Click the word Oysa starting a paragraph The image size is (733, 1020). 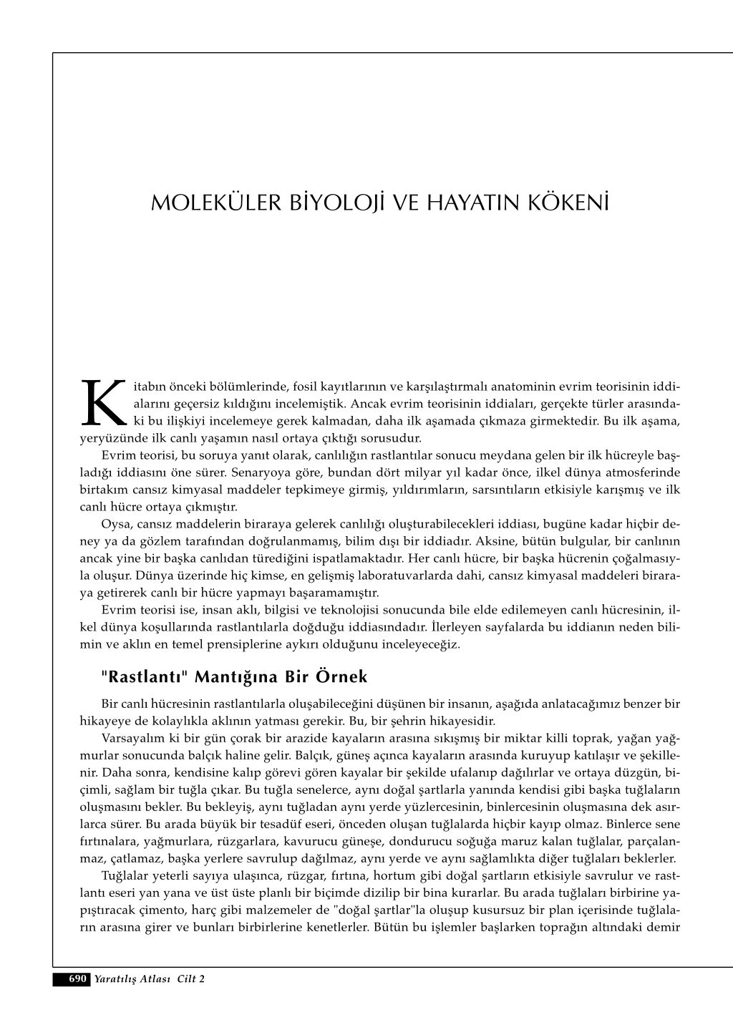pyautogui.click(x=115, y=525)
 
